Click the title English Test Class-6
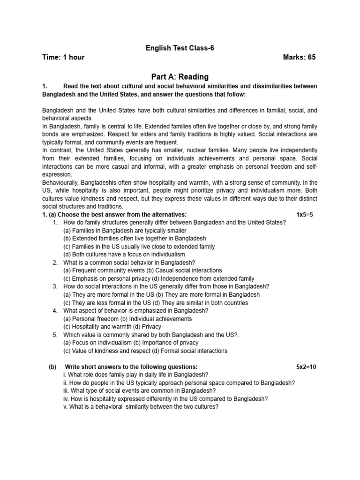pyautogui.click(x=180, y=48)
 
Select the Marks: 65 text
pyautogui.click(x=300, y=58)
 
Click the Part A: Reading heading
pyautogui.click(x=180, y=77)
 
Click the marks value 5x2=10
pyautogui.click(x=306, y=367)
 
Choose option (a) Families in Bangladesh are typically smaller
pyautogui.click(x=125, y=231)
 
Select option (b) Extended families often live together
pyautogui.click(x=135, y=239)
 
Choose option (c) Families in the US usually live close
pyautogui.click(x=139, y=247)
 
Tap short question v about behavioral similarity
pyautogui.click(x=141, y=407)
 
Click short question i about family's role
pyautogui.click(x=135, y=375)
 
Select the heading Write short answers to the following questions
pyautogui.click(x=131, y=367)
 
